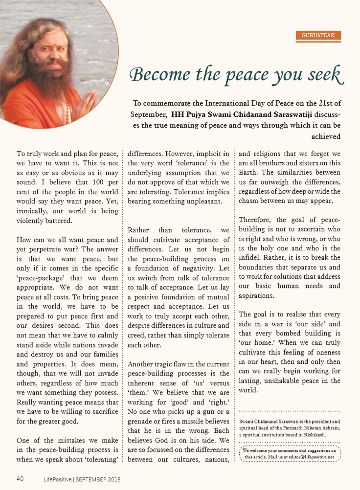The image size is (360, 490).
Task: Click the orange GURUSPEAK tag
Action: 318,35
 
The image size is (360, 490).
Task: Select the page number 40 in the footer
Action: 20,478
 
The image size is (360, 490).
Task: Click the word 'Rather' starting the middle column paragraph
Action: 139,230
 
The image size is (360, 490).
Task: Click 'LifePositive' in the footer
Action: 55,479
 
